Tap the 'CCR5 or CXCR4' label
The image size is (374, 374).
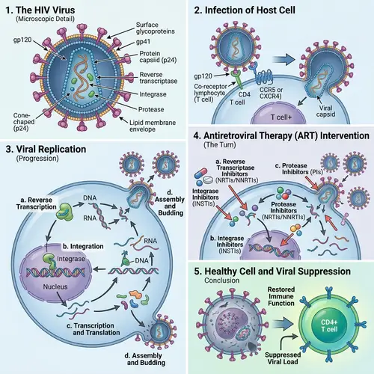280,93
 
